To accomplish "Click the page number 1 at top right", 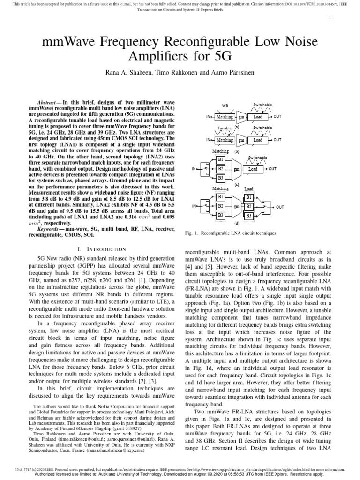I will [330, 18].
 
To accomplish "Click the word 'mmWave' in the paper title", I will [68, 43].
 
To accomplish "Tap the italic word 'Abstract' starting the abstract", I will [47, 102].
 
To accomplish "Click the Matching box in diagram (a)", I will [225, 116].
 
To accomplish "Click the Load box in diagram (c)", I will [253, 169].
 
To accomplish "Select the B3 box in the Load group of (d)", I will [249, 215].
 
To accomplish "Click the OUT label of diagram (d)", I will [280, 207].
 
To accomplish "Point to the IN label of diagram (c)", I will [194, 169].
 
